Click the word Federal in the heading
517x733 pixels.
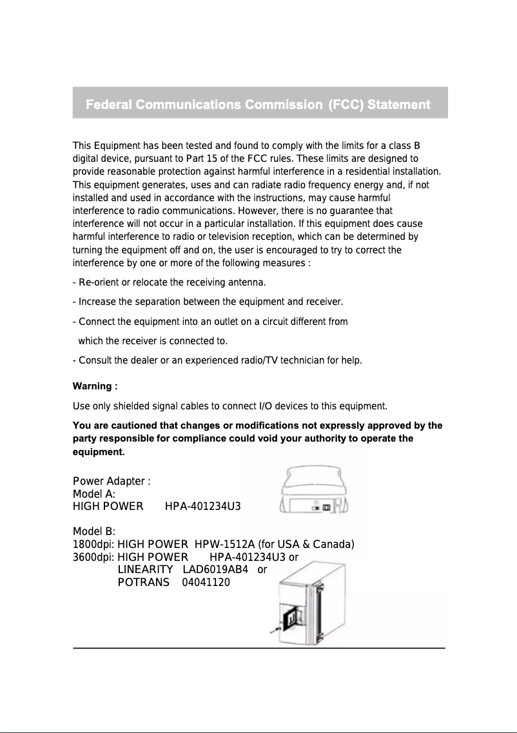(x=110, y=104)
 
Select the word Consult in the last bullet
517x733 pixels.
(x=96, y=360)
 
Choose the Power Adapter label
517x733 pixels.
(x=112, y=482)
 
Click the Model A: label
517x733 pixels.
(x=94, y=494)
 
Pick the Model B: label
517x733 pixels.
(x=94, y=531)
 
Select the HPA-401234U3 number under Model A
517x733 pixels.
(x=203, y=507)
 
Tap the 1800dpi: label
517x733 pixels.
(x=94, y=544)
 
